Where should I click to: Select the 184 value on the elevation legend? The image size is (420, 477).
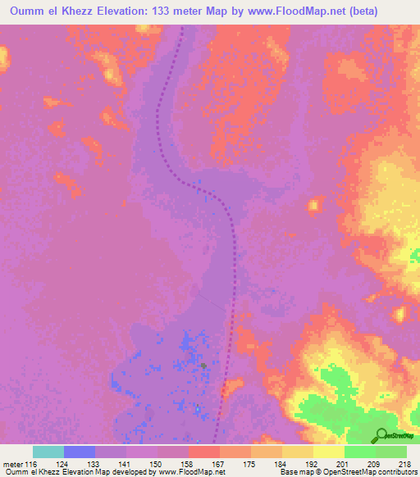281,464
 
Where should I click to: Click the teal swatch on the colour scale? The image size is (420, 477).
48,452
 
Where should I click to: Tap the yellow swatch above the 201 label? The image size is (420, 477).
328,452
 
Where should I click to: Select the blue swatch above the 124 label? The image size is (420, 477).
79,452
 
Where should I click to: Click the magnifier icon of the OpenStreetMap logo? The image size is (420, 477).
381,434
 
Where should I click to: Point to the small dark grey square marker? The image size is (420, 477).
203,366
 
